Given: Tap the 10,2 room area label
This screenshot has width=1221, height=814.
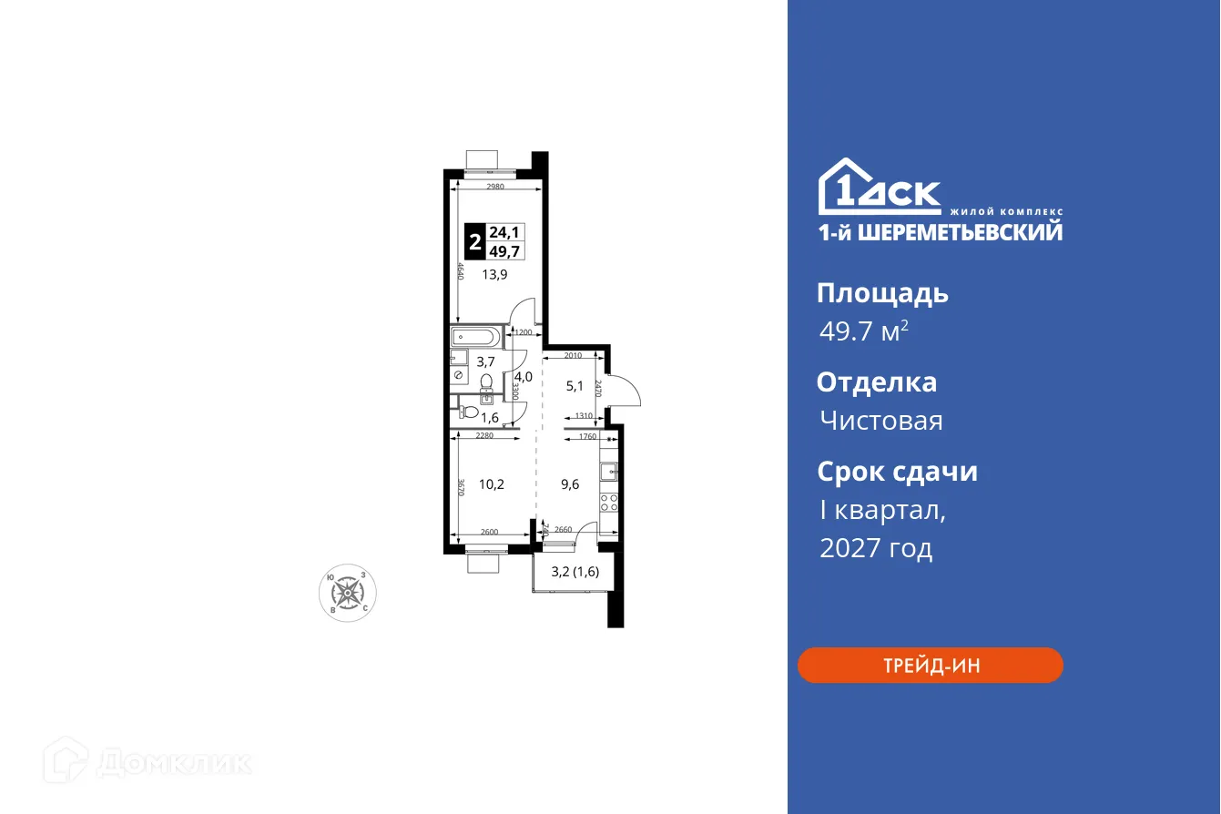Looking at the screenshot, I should [x=492, y=484].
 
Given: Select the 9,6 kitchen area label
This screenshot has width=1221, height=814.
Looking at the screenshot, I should [x=570, y=484].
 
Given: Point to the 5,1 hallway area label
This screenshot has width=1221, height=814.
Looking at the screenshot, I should [x=575, y=386].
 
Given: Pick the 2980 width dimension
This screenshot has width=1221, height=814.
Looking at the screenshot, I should [x=495, y=187].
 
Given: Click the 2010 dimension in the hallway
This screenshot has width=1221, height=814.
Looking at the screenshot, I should [x=572, y=355].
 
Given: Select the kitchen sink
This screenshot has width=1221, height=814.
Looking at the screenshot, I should [x=609, y=472].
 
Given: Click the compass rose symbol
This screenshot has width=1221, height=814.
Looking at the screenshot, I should [x=347, y=593].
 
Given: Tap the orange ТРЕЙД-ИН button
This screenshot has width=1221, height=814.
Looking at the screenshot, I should [x=930, y=666].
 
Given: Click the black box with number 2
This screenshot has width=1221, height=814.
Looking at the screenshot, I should [x=474, y=243].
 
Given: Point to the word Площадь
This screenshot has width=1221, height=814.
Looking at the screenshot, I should [x=882, y=293].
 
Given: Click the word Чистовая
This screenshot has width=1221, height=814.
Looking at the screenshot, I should [x=880, y=421].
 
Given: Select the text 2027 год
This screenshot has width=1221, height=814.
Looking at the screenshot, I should [x=876, y=548].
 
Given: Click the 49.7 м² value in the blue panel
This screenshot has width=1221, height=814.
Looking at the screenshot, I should [x=863, y=331].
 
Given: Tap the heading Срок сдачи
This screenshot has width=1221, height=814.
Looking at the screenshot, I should [x=897, y=472].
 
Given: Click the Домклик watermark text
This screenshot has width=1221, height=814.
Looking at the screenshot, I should [x=173, y=762].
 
